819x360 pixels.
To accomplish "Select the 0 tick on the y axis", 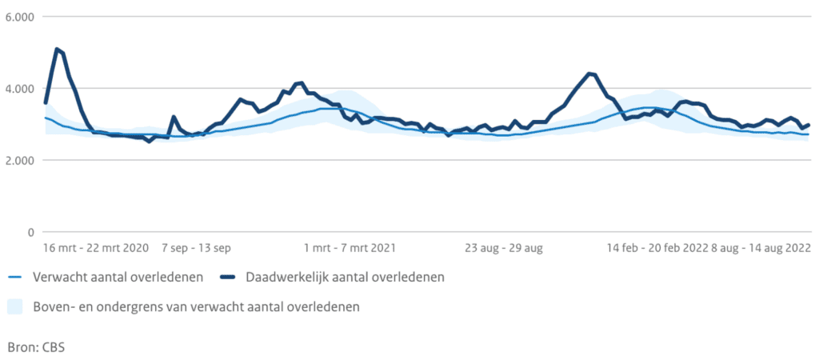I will point(30,233).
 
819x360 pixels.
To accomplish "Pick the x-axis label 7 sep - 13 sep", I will point(196,248).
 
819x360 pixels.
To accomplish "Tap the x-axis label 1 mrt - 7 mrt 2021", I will point(350,248).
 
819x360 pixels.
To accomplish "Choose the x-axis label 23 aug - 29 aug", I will point(503,248).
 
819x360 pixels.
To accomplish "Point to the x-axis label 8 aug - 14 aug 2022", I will point(761,248).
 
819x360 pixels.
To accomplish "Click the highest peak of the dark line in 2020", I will point(57,49).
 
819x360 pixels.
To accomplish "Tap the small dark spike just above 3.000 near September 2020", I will point(174,117).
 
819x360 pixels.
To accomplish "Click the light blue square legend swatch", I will point(15,306).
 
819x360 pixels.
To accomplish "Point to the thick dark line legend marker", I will point(228,277).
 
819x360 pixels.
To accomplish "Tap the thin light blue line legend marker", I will point(15,277).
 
